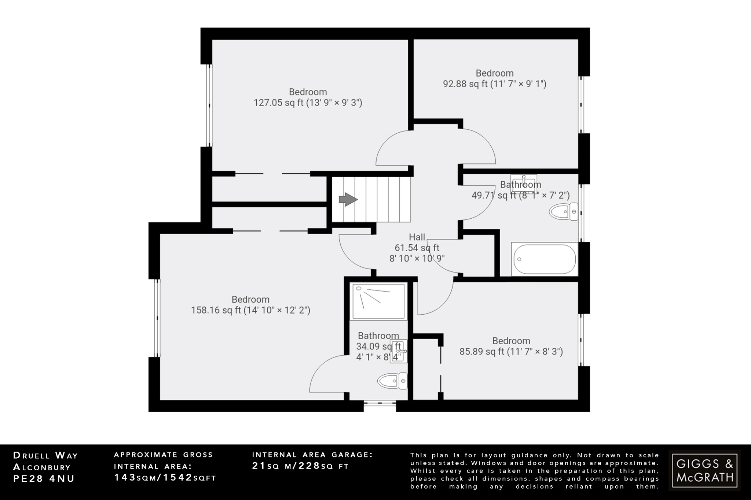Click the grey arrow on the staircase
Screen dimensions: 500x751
348,200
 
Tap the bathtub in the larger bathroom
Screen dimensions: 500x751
544,259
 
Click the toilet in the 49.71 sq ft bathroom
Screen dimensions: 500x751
563,212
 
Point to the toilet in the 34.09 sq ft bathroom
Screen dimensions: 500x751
393,381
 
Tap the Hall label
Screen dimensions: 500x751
417,237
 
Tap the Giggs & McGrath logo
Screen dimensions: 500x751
704,470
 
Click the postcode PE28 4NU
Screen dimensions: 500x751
44,478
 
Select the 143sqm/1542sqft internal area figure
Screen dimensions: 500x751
165,478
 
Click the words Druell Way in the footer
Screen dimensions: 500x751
46,455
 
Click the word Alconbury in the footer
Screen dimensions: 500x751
42,467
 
